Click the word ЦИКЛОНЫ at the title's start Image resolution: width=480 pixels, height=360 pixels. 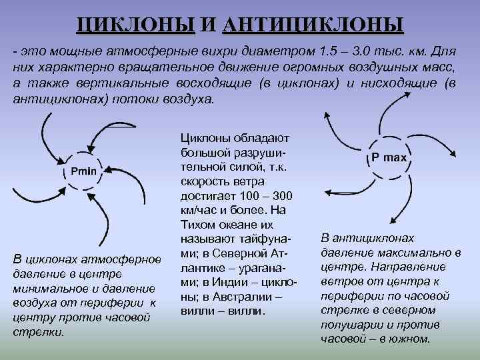135,25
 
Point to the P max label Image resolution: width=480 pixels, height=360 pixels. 389,158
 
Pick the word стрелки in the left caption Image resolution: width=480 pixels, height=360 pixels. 39,331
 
